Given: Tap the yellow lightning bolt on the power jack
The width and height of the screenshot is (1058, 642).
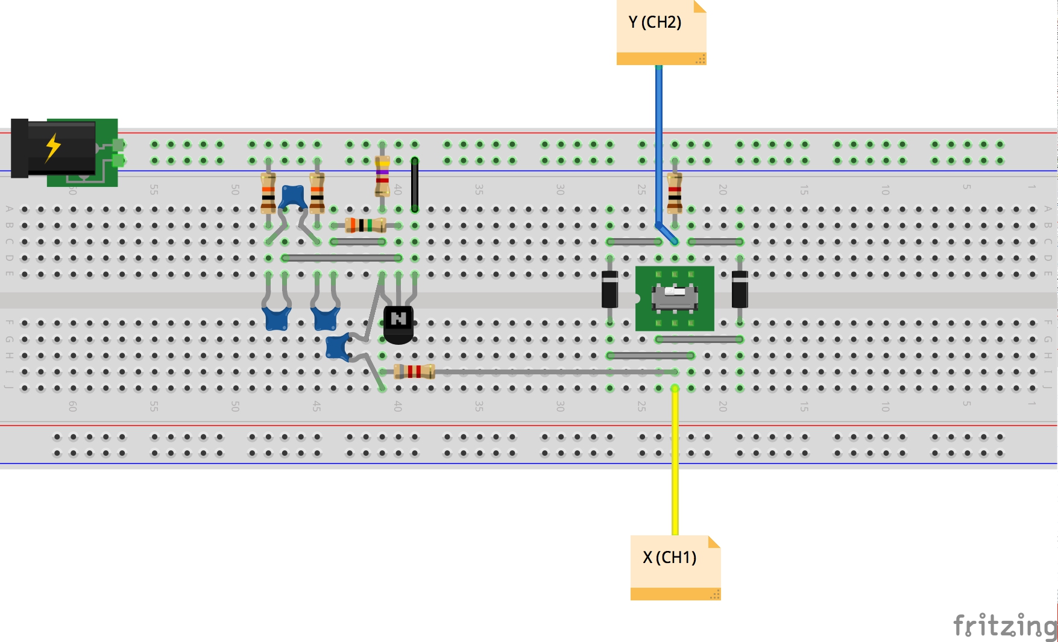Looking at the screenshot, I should [x=53, y=148].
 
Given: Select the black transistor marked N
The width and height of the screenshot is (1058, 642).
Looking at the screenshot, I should [x=398, y=323].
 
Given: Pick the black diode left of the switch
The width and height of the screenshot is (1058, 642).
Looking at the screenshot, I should [x=610, y=290].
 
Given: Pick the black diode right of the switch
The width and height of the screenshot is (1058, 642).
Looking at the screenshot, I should [x=740, y=290].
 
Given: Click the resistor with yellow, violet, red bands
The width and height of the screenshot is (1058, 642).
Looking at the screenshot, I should [x=382, y=176].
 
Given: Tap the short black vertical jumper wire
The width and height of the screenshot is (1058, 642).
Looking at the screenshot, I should [x=415, y=184].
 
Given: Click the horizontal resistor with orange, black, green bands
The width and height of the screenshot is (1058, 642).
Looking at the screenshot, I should [x=365, y=225].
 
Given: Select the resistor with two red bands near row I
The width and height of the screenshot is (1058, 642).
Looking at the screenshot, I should [x=414, y=371].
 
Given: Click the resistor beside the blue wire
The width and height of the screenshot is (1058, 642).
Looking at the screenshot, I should [x=675, y=192].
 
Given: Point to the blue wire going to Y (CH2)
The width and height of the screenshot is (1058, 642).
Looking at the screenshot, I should [x=659, y=145].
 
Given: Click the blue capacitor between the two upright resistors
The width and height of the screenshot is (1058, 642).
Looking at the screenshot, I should [x=293, y=196].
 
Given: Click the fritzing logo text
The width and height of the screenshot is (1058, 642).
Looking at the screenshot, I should [x=1004, y=625].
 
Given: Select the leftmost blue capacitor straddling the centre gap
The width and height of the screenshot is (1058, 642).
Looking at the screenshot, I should [x=277, y=318].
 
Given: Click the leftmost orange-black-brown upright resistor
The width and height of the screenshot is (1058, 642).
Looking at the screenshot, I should [x=268, y=192].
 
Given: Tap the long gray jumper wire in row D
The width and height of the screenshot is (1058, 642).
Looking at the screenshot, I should [x=341, y=258].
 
